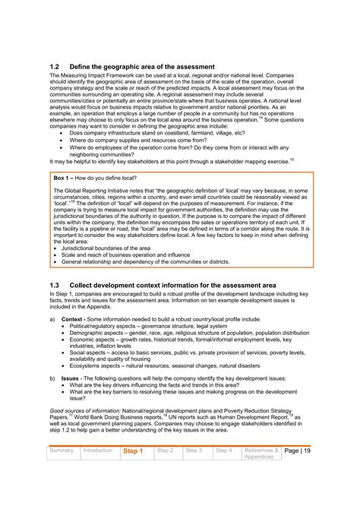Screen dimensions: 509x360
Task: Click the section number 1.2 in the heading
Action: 55,67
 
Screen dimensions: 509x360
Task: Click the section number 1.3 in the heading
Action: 55,284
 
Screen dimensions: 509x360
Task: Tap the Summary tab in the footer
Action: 62,451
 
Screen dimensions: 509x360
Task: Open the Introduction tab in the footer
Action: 98,451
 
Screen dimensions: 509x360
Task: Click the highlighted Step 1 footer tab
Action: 133,451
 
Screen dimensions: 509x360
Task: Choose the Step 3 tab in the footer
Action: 194,451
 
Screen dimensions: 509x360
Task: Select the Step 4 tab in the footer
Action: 224,451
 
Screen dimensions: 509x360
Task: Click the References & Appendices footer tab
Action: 261,454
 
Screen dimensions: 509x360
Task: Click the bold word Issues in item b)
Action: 70,377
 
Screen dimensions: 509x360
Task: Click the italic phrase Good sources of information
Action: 84,409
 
